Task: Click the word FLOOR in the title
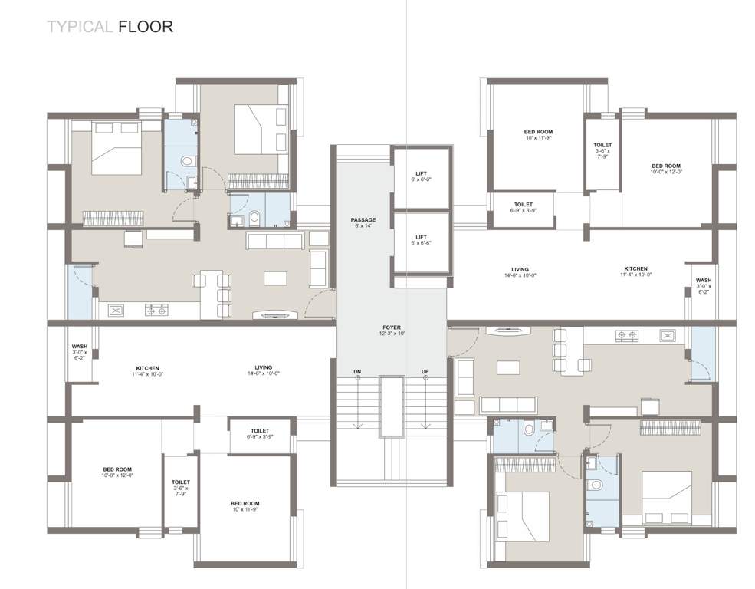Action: pos(146,27)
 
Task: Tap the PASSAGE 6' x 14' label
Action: pos(364,222)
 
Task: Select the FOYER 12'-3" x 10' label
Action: pos(391,330)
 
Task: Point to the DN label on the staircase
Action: pos(357,372)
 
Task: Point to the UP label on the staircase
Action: pos(425,372)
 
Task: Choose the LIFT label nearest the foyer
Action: pos(421,239)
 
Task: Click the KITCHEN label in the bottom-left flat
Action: pos(147,370)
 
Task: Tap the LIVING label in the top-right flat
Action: pos(520,272)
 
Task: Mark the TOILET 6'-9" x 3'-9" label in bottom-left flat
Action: pos(261,434)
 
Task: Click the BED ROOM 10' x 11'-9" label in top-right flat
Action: pos(538,135)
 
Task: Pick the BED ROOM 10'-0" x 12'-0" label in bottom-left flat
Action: pos(118,472)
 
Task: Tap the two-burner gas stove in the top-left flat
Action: pos(157,311)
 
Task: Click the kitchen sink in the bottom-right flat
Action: pos(666,335)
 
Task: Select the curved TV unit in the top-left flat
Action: pos(272,314)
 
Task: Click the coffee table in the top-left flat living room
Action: pos(275,278)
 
